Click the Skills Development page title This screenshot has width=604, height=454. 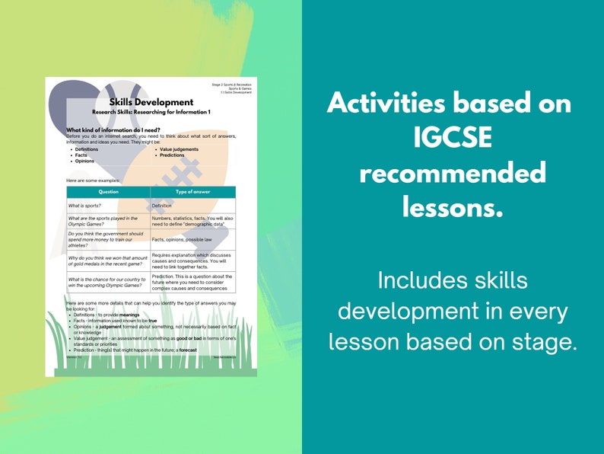151,102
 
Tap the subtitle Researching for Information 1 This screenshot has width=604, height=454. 151,112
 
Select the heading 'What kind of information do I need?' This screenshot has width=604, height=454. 113,130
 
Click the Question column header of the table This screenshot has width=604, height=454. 108,192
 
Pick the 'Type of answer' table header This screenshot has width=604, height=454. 192,192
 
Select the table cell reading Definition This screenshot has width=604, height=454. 162,206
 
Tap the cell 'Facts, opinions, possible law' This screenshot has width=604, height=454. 183,239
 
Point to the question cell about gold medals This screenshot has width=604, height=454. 107,261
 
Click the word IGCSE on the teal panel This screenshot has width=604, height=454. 453,138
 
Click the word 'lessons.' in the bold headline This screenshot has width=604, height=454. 453,206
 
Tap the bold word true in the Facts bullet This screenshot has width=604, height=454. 152,321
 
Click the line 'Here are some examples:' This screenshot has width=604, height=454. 92,180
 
